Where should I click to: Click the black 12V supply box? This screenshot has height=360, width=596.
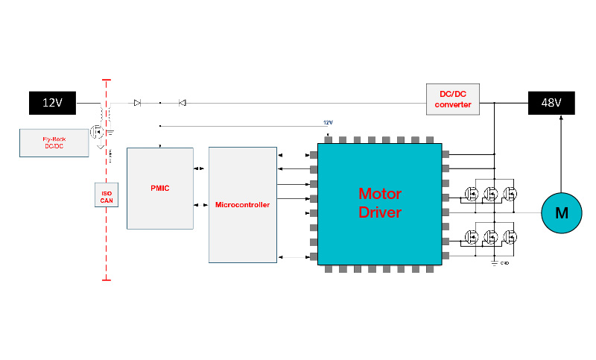[52, 103]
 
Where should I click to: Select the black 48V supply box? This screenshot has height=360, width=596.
[551, 103]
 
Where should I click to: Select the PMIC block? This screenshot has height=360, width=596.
[159, 188]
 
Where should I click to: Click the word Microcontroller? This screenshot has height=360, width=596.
[242, 204]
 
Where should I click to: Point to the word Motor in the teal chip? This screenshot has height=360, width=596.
[380, 194]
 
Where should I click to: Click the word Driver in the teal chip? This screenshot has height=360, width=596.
[380, 212]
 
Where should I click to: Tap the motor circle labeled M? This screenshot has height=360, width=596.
[562, 213]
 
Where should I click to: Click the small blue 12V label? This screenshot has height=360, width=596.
[328, 122]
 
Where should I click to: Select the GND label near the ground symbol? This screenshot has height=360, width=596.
[504, 263]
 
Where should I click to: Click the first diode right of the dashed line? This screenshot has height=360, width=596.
[137, 103]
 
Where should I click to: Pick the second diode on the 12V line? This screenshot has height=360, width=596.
[182, 103]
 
